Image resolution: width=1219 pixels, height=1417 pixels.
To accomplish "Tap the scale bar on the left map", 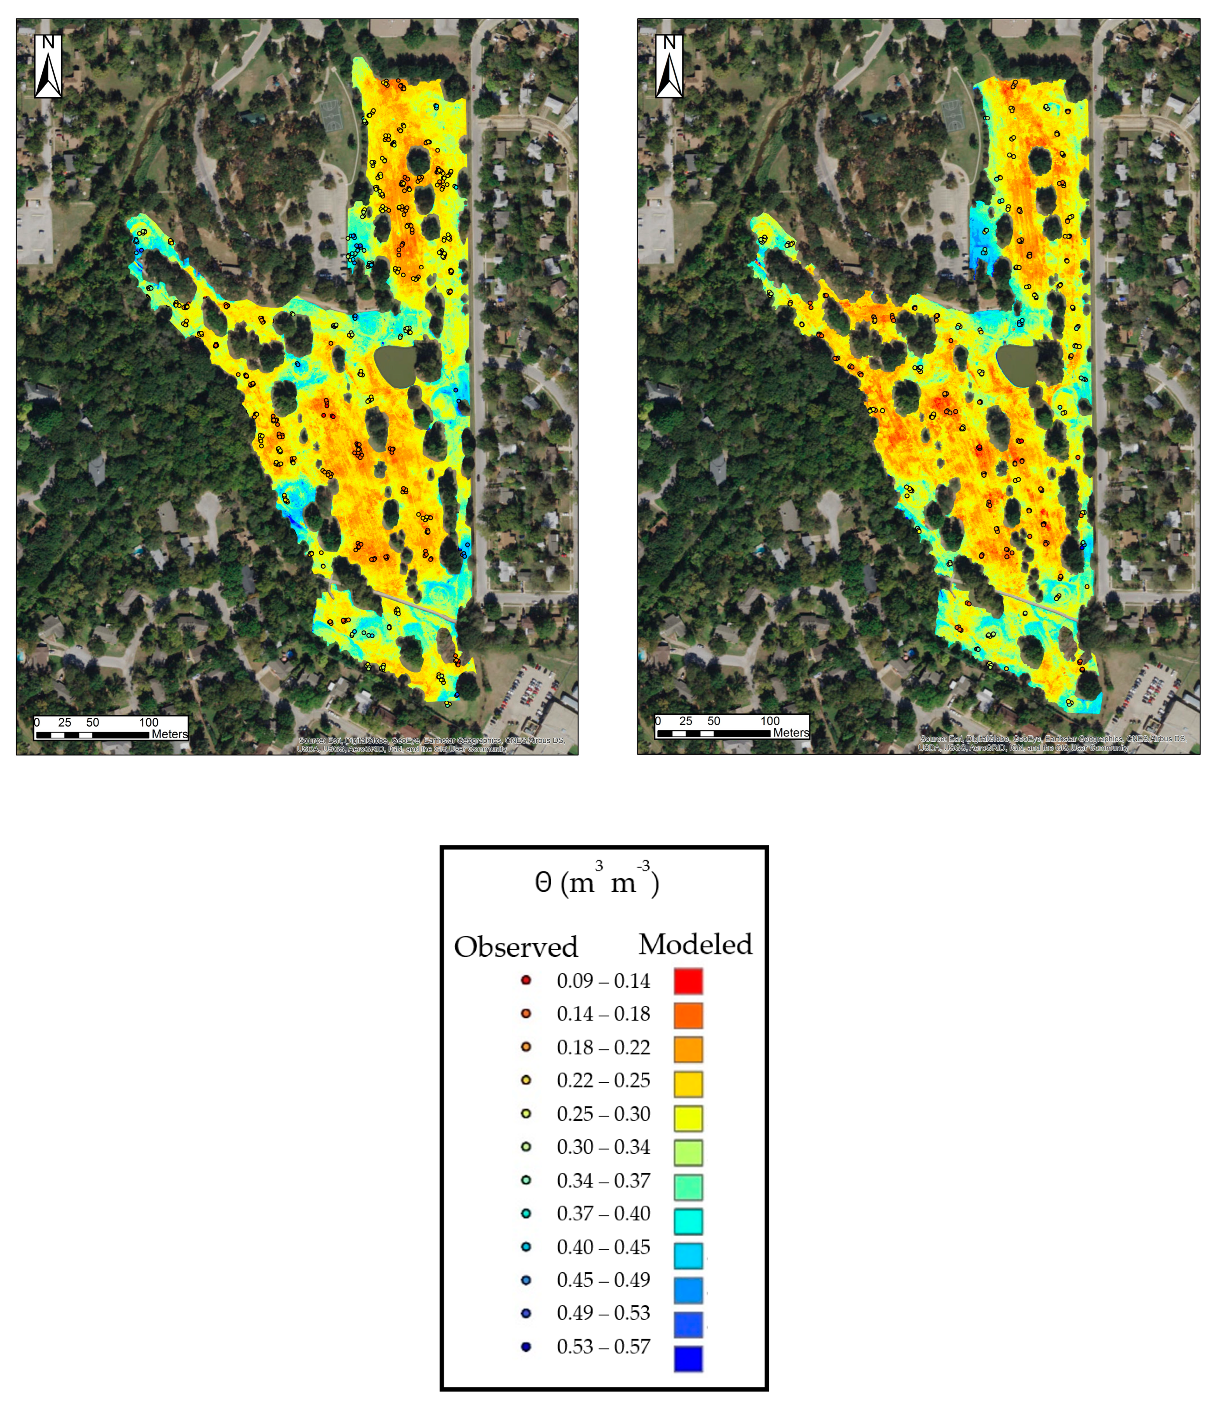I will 92,734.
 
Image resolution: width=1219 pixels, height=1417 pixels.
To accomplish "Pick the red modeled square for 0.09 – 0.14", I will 688,981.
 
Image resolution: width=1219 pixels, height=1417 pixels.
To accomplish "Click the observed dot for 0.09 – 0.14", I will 526,980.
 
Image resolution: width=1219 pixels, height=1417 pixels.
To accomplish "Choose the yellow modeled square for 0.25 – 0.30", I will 688,1118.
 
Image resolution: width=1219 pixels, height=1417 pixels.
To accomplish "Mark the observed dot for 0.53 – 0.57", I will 526,1346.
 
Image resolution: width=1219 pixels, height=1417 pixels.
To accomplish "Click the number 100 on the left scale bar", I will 149,722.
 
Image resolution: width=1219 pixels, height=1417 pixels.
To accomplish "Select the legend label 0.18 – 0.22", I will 603,1047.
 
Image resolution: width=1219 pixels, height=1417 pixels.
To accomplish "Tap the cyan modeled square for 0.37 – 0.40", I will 688,1221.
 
